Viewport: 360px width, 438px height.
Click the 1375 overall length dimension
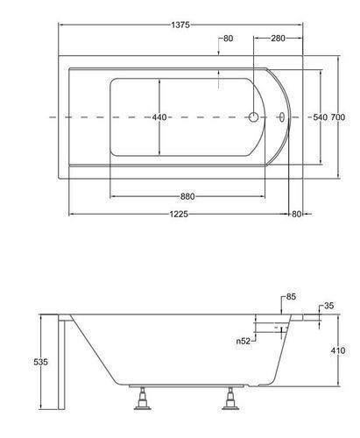click(x=180, y=25)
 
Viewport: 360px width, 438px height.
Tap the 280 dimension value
click(x=278, y=39)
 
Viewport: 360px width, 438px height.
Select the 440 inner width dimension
click(x=159, y=117)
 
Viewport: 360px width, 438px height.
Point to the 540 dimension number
click(x=320, y=117)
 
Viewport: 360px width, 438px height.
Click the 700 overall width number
click(x=338, y=117)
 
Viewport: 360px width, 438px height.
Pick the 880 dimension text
click(x=187, y=196)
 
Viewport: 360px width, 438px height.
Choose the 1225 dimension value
click(x=179, y=214)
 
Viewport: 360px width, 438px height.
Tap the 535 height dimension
click(x=40, y=362)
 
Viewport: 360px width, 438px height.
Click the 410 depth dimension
click(x=338, y=350)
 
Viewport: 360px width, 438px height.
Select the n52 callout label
click(x=244, y=341)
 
